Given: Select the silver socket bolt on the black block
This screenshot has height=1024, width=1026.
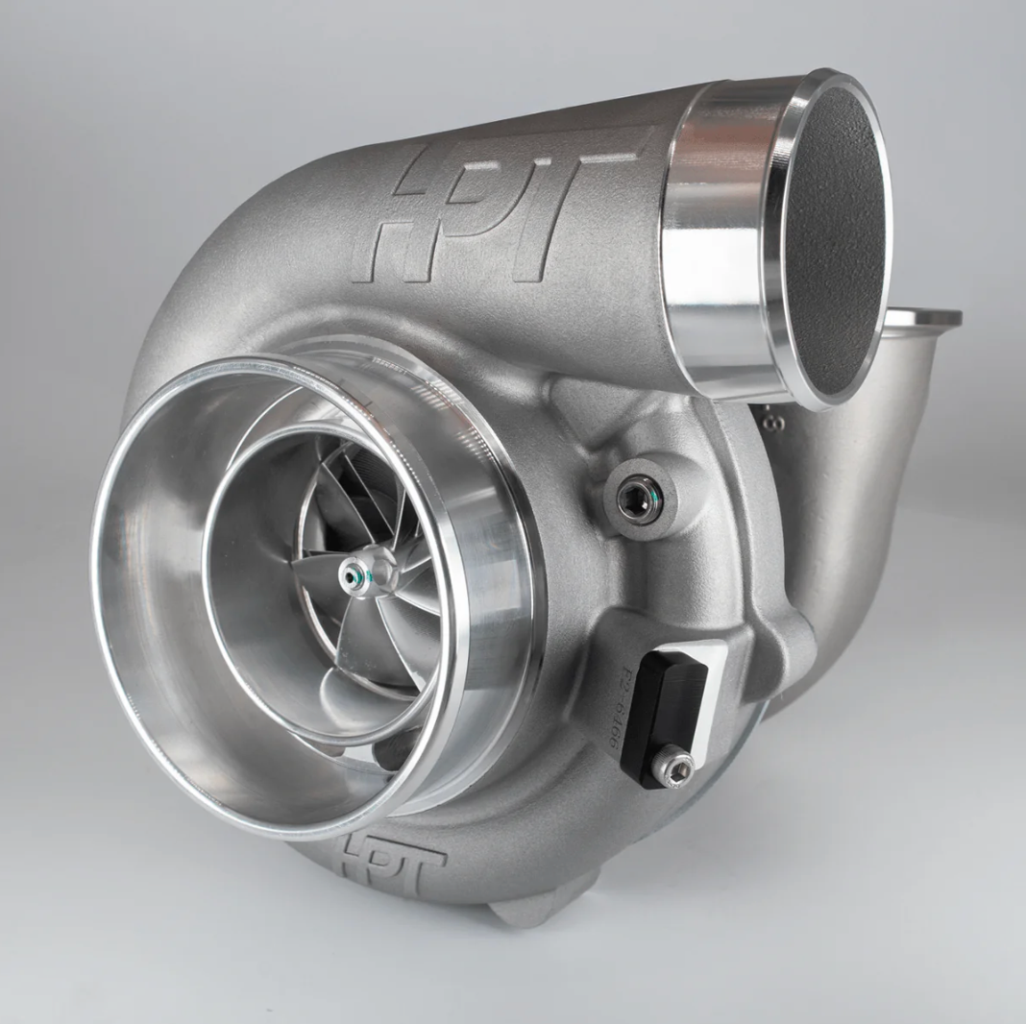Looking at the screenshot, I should (x=672, y=766).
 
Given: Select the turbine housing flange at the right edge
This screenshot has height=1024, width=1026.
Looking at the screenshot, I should (x=922, y=318).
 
